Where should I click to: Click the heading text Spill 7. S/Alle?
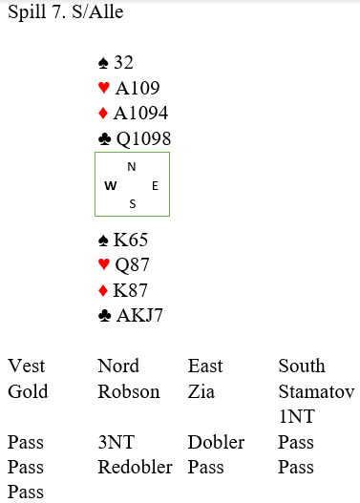66,12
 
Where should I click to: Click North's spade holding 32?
123,62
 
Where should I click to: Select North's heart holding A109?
138,88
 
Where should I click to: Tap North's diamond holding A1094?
140,113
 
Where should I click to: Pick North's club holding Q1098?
143,138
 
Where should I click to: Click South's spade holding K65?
131,240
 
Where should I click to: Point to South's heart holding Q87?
132,265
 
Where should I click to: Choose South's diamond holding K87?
130,290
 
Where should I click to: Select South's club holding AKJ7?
139,315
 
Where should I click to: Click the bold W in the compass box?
111,185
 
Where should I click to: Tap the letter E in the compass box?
155,186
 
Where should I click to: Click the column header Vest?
27,366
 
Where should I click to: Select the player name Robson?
129,391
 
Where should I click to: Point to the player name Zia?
201,391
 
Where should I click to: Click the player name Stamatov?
316,391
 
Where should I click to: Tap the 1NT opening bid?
297,417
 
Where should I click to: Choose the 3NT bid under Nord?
116,442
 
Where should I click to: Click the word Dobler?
216,442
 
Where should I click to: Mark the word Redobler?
135,467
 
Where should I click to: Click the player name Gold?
28,391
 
